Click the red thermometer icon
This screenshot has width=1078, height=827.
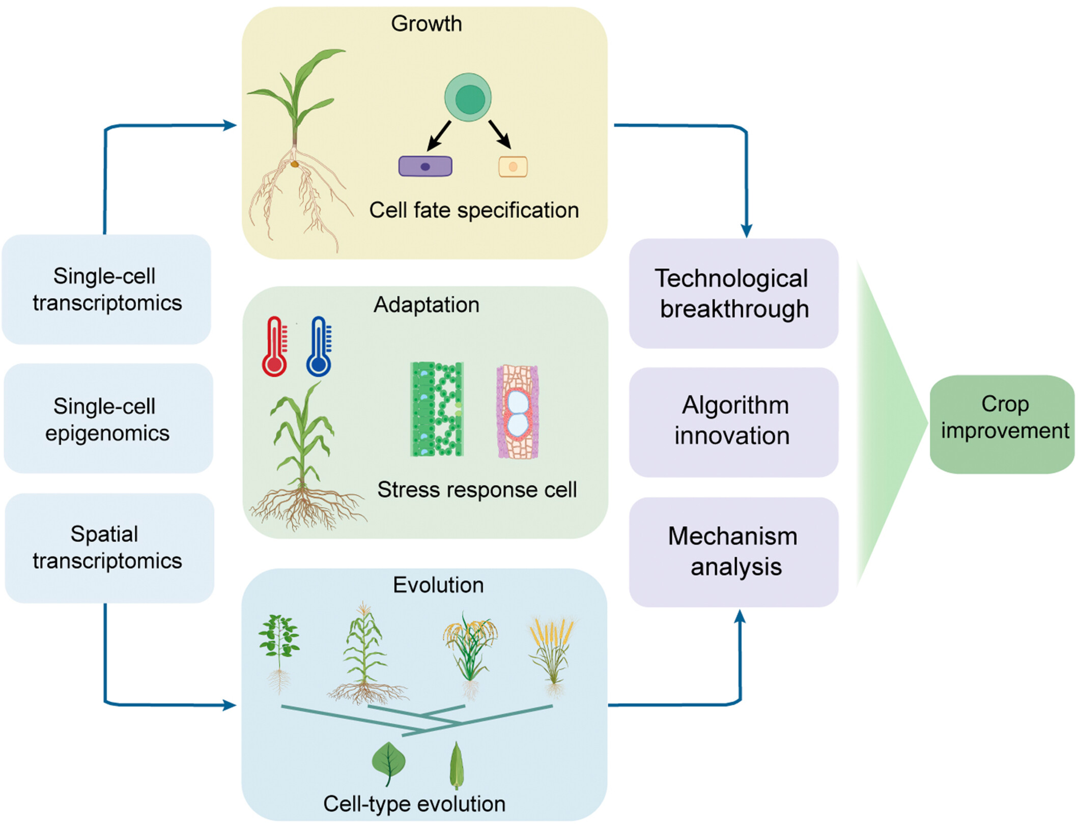click(274, 347)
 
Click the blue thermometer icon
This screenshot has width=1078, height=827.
click(319, 347)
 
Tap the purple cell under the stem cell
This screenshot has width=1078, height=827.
click(425, 166)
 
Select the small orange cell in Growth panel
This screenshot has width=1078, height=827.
click(513, 166)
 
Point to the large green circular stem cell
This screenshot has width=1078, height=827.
click(468, 97)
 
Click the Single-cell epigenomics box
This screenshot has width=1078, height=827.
click(108, 419)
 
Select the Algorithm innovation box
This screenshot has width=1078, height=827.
click(733, 421)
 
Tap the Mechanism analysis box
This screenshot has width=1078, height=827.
click(733, 552)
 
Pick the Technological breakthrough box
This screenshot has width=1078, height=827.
click(733, 293)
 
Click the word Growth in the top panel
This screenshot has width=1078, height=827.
click(427, 24)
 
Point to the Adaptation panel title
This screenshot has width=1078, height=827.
click(427, 305)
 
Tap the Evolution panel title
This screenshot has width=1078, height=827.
click(438, 585)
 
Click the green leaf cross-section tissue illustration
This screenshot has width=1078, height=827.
click(437, 409)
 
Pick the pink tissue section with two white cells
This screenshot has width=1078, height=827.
click(518, 412)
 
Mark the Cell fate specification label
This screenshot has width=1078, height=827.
click(474, 210)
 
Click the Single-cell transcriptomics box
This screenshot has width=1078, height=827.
click(107, 290)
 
